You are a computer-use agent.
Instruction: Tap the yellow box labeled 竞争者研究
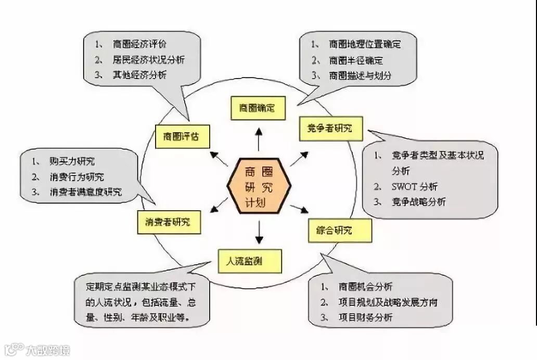[x=331, y=128]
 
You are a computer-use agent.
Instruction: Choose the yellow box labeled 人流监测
[x=250, y=261]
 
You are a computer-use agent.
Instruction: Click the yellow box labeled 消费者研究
[x=169, y=222]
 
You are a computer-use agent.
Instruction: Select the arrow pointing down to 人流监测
[x=259, y=233]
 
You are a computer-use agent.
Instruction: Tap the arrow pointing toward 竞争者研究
[x=299, y=158]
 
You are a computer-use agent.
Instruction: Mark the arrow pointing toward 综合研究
[x=299, y=209]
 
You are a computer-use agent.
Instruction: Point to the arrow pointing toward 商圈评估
[x=219, y=158]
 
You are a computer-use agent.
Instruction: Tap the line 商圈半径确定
[x=356, y=60]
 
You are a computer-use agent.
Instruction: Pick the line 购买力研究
[x=72, y=162]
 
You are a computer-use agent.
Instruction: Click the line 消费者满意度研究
[x=86, y=192]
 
